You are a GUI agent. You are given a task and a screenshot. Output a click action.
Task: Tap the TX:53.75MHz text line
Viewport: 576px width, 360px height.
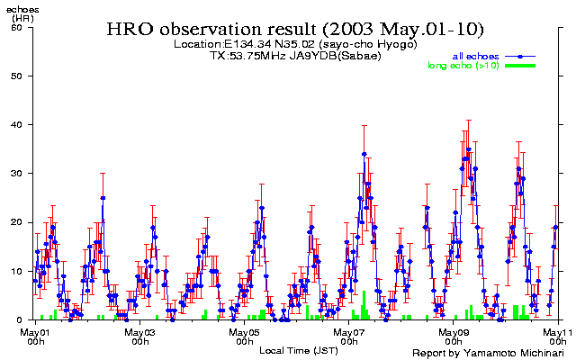pyautogui.click(x=295, y=55)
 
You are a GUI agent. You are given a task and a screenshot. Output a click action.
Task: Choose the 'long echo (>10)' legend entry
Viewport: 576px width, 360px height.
pyautogui.click(x=463, y=66)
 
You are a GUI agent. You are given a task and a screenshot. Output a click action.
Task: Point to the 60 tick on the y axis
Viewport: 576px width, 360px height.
pyautogui.click(x=16, y=27)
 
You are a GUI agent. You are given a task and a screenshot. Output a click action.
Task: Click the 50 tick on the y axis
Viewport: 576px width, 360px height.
pyautogui.click(x=16, y=76)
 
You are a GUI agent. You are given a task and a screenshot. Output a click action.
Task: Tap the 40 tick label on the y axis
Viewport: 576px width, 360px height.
pyautogui.click(x=16, y=124)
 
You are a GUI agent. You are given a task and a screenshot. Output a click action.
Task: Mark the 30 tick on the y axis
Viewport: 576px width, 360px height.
pyautogui.click(x=16, y=173)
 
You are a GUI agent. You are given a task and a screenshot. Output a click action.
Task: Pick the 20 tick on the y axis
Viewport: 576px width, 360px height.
pyautogui.click(x=16, y=221)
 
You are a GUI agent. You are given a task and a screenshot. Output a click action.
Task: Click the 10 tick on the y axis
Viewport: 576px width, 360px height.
pyautogui.click(x=16, y=270)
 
